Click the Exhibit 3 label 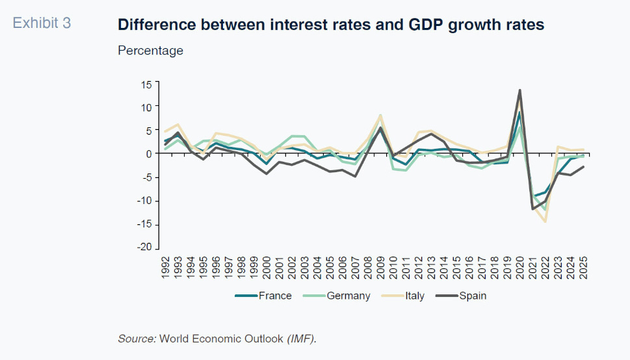point(42,23)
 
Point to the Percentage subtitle point(150,51)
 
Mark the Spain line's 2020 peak point(519,90)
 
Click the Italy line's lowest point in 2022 point(545,222)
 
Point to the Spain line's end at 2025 point(583,167)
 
